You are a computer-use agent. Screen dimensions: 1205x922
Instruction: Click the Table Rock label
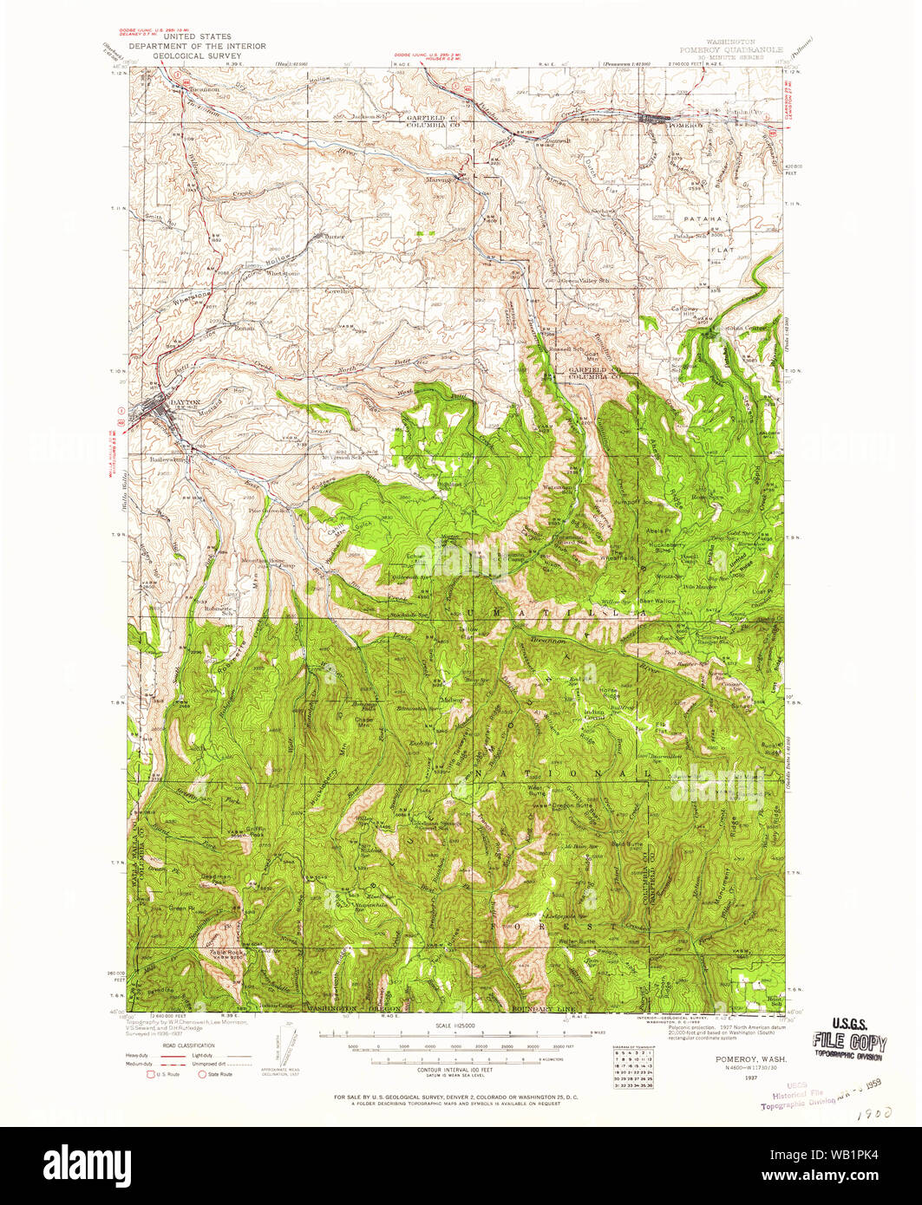click(x=226, y=951)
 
